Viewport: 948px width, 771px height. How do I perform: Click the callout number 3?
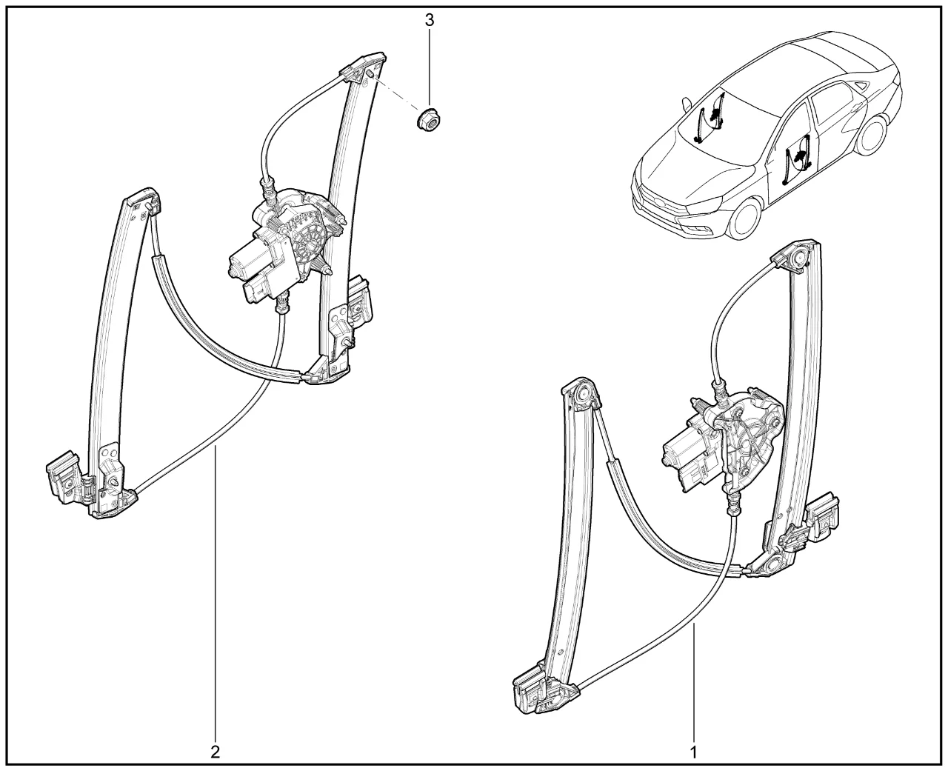(x=429, y=20)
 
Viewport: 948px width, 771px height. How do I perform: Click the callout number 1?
(x=693, y=752)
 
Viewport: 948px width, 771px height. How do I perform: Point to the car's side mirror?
(x=686, y=104)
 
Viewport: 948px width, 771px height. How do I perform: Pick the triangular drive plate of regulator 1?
(x=752, y=445)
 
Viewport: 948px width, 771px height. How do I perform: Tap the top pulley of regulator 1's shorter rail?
(x=582, y=395)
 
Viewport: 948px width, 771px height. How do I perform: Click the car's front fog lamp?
(x=702, y=230)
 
